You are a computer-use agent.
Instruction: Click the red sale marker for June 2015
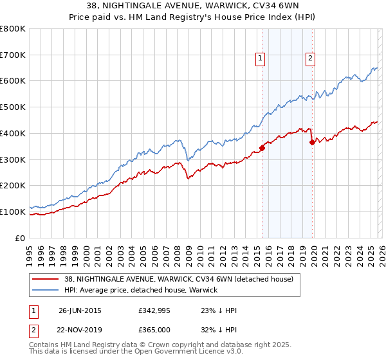point(262,148)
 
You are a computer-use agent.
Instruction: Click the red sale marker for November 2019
point(312,142)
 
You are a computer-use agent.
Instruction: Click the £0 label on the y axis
point(21,238)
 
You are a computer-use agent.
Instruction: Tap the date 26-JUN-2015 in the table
point(80,310)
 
